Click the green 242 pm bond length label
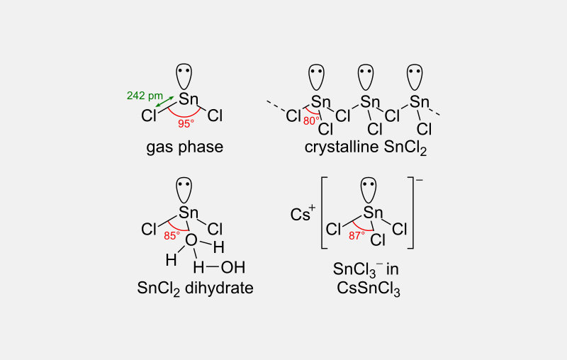pos(145,96)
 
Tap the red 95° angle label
pos(186,123)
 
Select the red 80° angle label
pos(311,121)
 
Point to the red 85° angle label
pos(172,236)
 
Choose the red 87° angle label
pos(357,236)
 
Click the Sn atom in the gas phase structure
pos(189,99)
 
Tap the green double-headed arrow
pos(165,101)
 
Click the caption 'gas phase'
pos(185,147)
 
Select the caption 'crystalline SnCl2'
pos(366,148)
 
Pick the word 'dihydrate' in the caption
pos(219,288)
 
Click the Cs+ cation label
pos(303,213)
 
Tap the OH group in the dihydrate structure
pos(233,267)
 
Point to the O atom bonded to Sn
pos(191,240)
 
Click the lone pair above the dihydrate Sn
pos(184,190)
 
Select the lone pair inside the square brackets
pos(369,190)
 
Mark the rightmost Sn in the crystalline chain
pos(419,102)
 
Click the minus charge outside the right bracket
pos(420,179)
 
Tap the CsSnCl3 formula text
pos(369,289)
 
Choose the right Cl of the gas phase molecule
pos(215,116)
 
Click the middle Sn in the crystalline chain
pos(370,102)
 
